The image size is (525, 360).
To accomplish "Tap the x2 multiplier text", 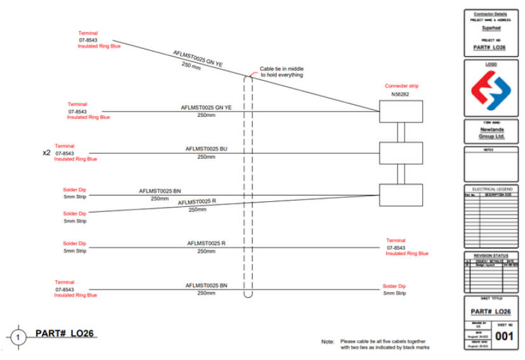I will click(46, 152).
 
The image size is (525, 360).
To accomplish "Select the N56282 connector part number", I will click(400, 94).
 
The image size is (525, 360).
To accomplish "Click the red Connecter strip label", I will click(401, 86).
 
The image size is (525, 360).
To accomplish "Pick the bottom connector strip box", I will click(401, 194).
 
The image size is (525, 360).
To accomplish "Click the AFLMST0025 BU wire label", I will click(206, 149).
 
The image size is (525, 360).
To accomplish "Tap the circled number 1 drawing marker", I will click(18, 337).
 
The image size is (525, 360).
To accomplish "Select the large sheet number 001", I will click(505, 336).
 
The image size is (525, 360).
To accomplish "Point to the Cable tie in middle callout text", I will click(281, 72).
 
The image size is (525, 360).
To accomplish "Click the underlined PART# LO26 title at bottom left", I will click(66, 333).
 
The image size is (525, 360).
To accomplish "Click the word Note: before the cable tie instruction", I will click(328, 342).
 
